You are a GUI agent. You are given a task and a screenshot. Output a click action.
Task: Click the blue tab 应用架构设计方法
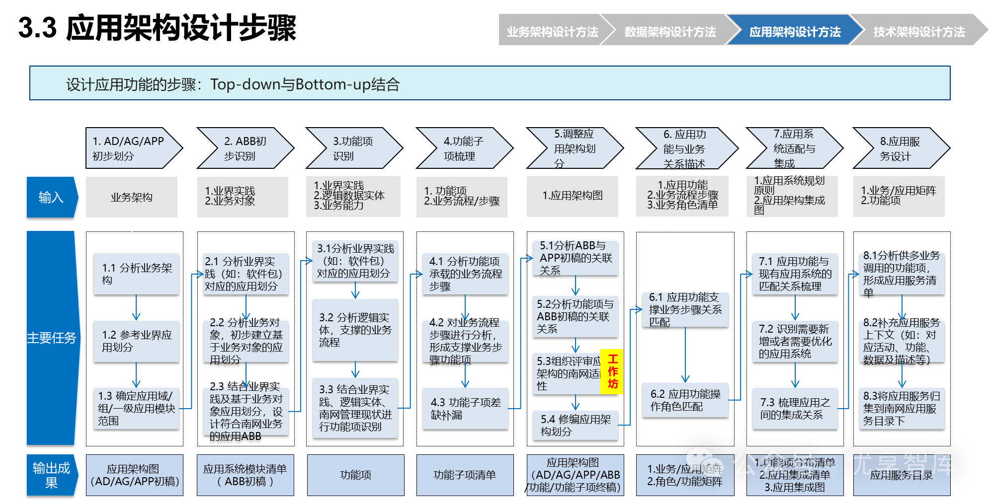(x=794, y=32)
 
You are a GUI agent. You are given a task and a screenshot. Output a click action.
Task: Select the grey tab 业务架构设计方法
(x=552, y=32)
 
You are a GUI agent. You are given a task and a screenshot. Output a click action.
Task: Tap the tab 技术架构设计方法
(x=918, y=32)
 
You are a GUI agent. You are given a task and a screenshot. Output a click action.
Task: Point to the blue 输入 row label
(x=51, y=197)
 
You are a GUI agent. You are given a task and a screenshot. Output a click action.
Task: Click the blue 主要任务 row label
(x=51, y=338)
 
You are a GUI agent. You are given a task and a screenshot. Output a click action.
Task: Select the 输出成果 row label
(x=51, y=475)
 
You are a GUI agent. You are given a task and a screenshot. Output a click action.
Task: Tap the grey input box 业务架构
(x=132, y=197)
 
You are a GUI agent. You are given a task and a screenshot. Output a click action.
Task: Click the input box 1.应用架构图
(x=573, y=196)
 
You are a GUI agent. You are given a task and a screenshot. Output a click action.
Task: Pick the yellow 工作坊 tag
(x=612, y=371)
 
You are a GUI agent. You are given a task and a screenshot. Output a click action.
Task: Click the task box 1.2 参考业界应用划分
(x=137, y=341)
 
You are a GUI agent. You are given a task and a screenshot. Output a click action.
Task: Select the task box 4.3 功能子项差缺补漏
(x=465, y=408)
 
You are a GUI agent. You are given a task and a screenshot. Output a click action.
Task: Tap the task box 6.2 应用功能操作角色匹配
(x=685, y=400)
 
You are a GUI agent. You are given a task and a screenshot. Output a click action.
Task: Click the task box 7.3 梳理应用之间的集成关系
(x=795, y=408)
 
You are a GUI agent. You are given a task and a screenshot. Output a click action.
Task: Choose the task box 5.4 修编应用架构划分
(x=576, y=425)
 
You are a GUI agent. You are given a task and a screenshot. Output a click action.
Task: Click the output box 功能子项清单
(x=465, y=475)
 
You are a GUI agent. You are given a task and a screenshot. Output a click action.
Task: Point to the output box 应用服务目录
(x=901, y=475)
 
